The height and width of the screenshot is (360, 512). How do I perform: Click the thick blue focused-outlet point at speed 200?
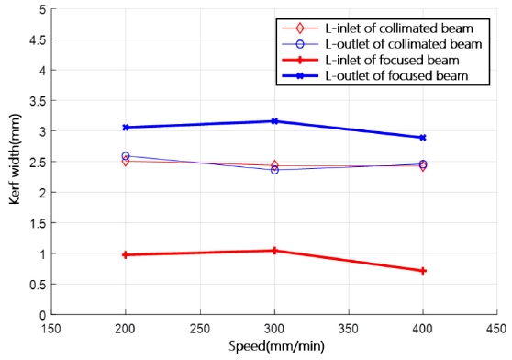[x=126, y=128]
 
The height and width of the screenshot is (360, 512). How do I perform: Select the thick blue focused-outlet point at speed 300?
[x=274, y=121]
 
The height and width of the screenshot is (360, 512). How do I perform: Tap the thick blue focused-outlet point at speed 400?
[x=423, y=138]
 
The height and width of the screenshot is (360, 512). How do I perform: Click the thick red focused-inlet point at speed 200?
[x=126, y=254]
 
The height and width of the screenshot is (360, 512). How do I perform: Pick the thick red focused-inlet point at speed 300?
[x=274, y=250]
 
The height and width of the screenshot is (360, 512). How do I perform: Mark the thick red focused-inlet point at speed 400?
[x=423, y=271]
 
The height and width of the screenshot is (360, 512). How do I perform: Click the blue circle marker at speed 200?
[x=126, y=156]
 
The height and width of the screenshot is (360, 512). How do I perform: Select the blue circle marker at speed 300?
[x=274, y=170]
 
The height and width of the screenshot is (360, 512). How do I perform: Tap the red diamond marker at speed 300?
[x=274, y=165]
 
